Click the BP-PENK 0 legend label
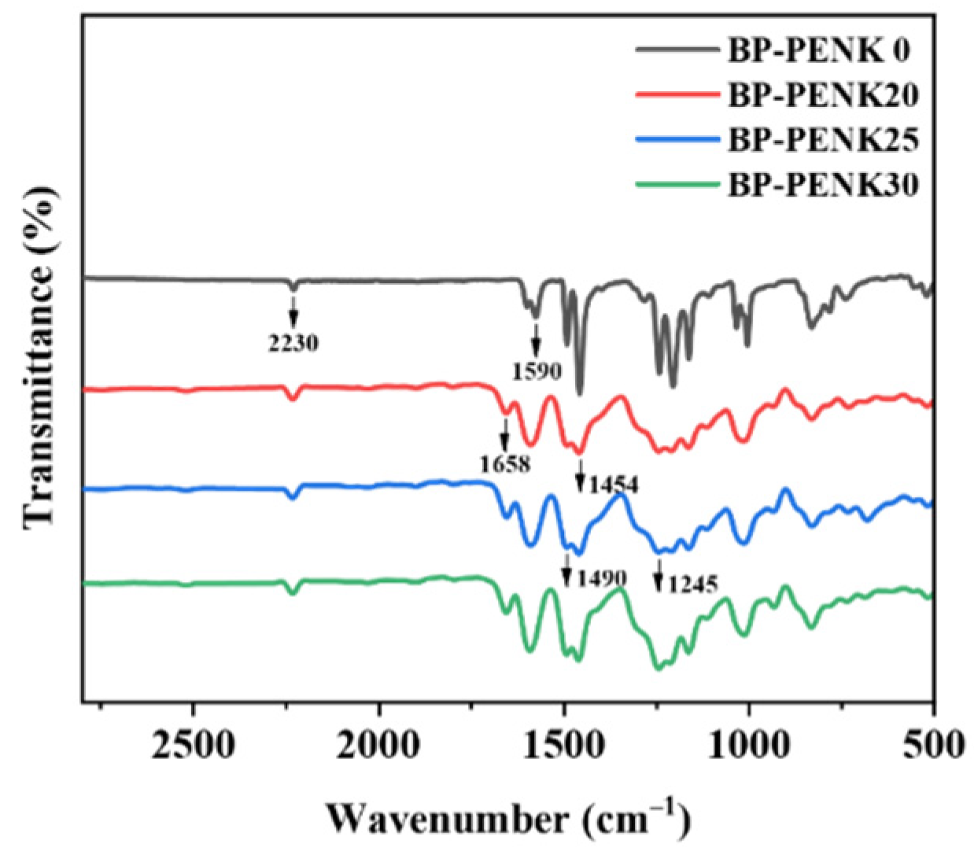pyautogui.click(x=818, y=50)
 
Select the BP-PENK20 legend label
pyautogui.click(x=823, y=96)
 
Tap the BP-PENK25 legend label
pyautogui.click(x=823, y=141)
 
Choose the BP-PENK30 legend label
pyautogui.click(x=823, y=186)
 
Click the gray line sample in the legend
pyautogui.click(x=677, y=50)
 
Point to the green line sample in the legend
pyautogui.click(x=677, y=186)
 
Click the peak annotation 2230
pyautogui.click(x=293, y=343)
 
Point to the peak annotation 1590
pyautogui.click(x=537, y=370)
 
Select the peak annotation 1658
pyautogui.click(x=505, y=464)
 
